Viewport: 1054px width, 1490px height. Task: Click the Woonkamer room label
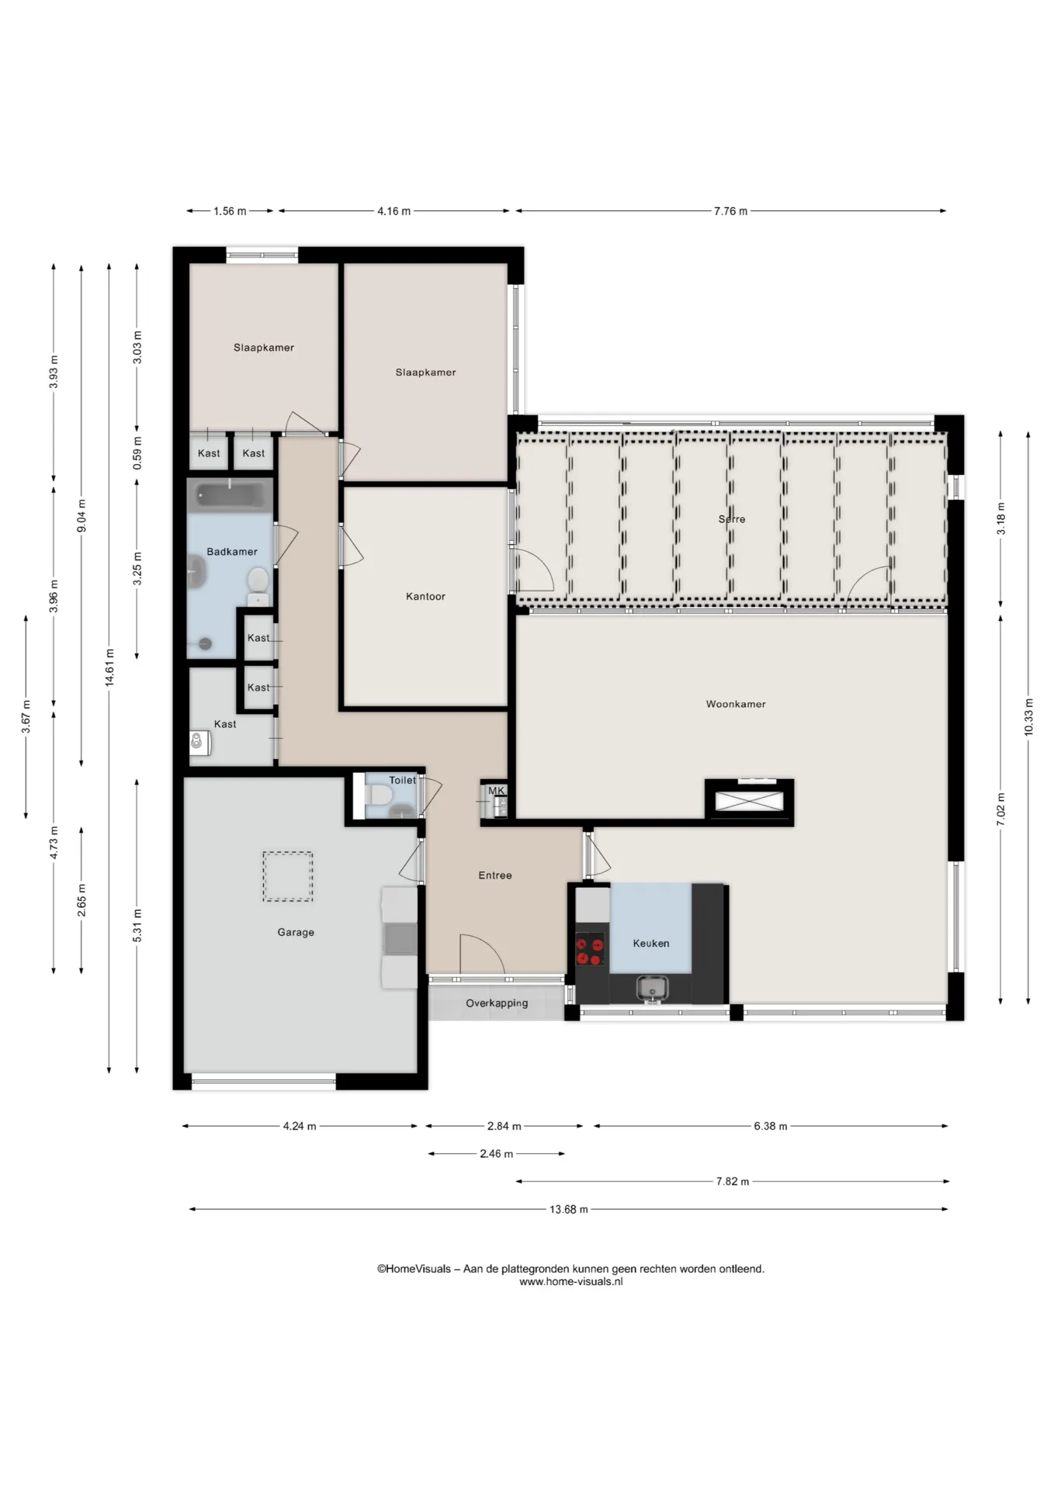[x=735, y=705]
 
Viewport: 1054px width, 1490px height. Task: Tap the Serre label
[x=731, y=519]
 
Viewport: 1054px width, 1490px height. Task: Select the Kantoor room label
[x=425, y=597]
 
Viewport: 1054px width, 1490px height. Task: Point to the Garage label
[x=296, y=933]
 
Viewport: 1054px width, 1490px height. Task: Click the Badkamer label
[x=231, y=552]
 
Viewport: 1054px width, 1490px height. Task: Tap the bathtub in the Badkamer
[x=230, y=495]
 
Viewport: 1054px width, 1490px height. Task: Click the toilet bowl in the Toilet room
[x=380, y=796]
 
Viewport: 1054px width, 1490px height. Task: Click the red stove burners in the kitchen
[x=590, y=951]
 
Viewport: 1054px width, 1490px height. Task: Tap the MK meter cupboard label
[x=496, y=791]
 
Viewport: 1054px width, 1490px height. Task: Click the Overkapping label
[x=497, y=1003]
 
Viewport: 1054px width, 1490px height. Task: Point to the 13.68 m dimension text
[x=569, y=1209]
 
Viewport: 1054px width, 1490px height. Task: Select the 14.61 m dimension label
[x=109, y=667]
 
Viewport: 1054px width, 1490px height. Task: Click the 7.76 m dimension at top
[x=730, y=211]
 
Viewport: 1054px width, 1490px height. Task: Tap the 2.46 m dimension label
[x=496, y=1154]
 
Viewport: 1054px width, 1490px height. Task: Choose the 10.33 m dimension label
[x=1028, y=718]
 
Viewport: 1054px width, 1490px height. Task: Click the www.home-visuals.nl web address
[x=570, y=1281]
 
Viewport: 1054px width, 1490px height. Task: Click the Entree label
[x=495, y=875]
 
